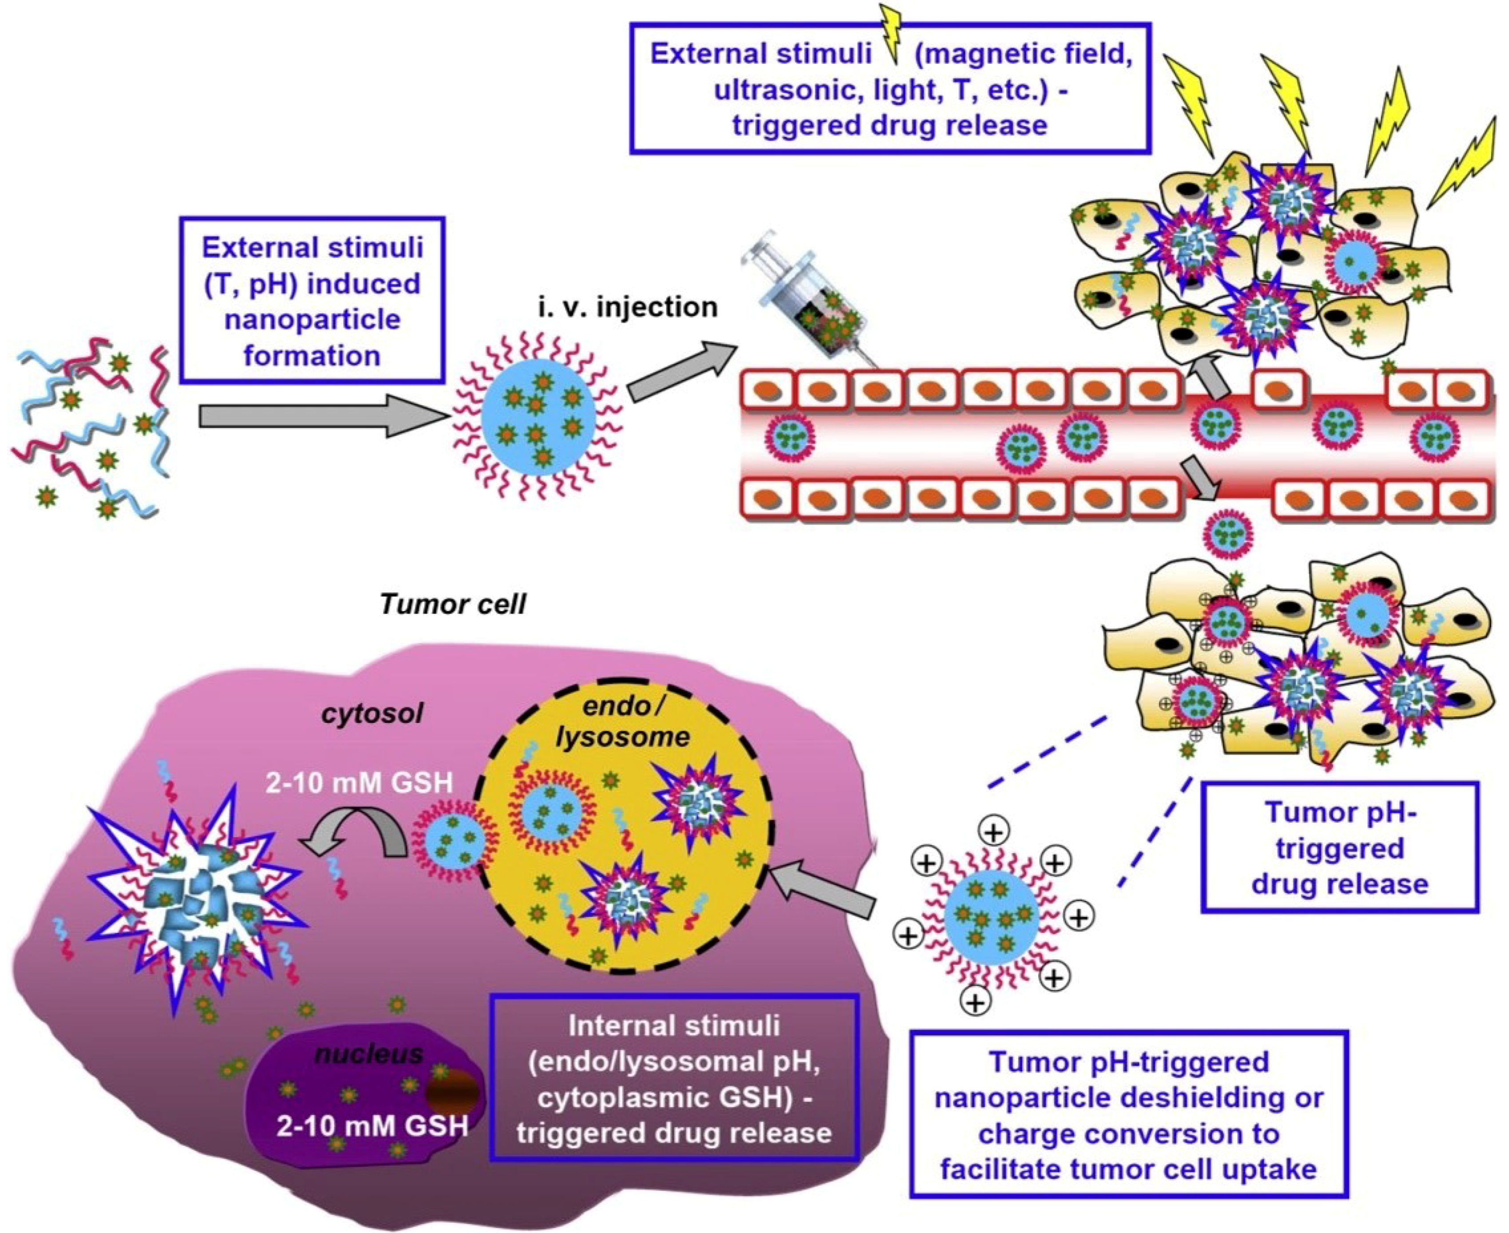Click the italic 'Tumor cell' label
[453, 605]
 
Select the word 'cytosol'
[372, 712]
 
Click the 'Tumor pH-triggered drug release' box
[1339, 848]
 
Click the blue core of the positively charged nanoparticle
[991, 916]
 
